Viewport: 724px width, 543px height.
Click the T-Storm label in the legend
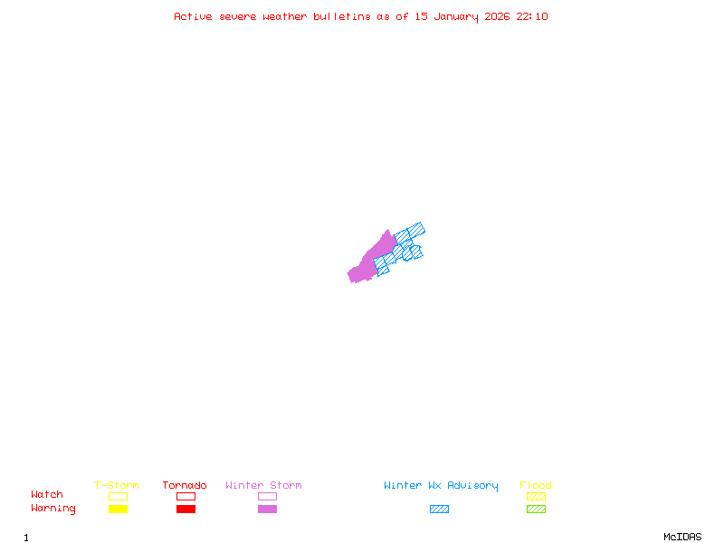point(117,486)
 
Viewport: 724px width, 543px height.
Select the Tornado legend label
point(185,486)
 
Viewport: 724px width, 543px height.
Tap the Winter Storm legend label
point(263,486)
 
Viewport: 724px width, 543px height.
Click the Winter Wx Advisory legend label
point(441,486)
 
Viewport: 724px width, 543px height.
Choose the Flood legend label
point(536,486)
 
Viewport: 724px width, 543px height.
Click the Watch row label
point(47,495)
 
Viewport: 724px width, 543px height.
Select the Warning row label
point(53,509)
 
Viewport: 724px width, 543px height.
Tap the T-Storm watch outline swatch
point(118,496)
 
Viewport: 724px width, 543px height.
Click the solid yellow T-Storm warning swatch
point(118,509)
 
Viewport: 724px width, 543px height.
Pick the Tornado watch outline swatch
point(186,496)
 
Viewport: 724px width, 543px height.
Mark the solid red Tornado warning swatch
point(186,509)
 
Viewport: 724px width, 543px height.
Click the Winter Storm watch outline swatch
point(267,496)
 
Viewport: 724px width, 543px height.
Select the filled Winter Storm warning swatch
point(267,509)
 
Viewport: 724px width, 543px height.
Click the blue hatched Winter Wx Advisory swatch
point(439,509)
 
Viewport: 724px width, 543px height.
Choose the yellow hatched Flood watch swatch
point(536,496)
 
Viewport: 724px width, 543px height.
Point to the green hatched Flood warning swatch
point(536,509)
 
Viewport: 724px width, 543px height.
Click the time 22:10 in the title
point(532,16)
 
